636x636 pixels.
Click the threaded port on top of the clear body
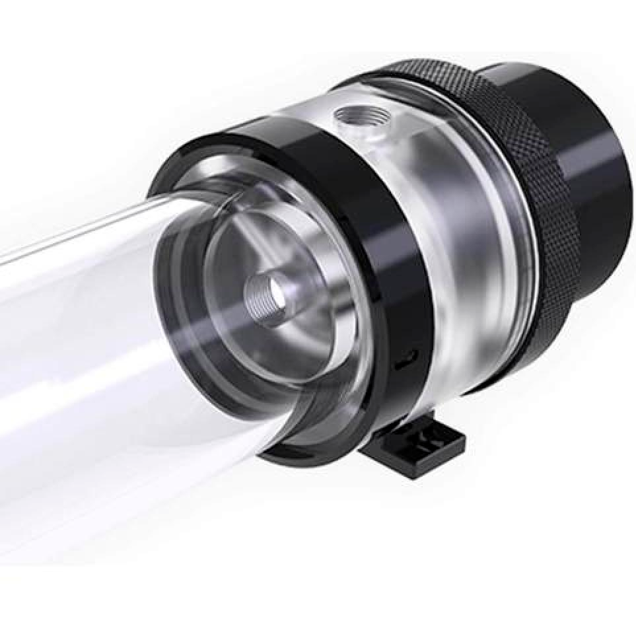[x=355, y=119]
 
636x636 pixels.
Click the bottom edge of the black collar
[x=310, y=456]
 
